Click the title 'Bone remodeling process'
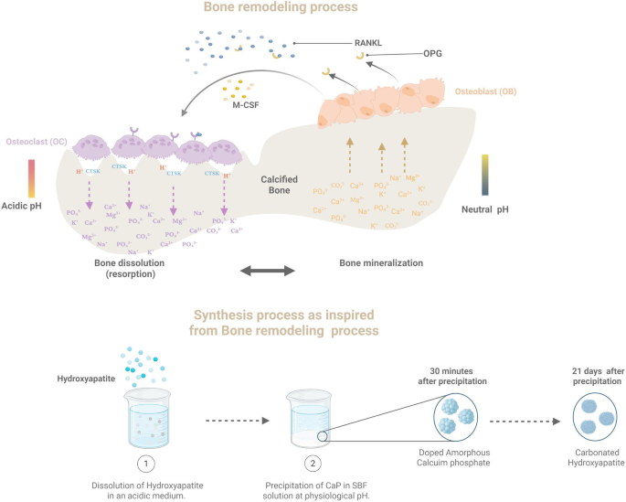(313, 10)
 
